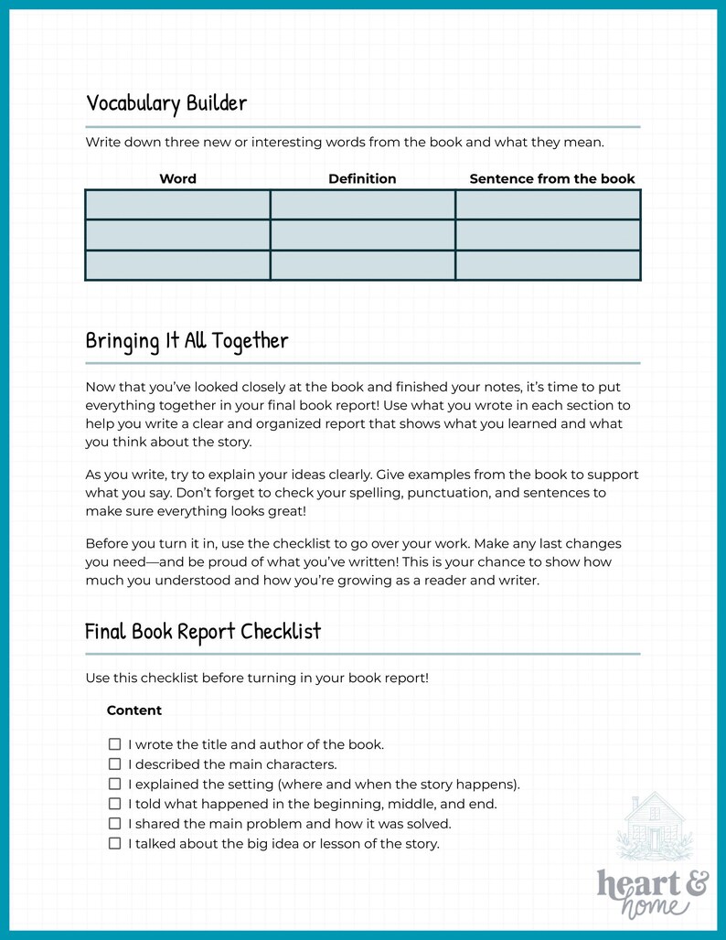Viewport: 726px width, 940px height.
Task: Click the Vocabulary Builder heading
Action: tap(165, 103)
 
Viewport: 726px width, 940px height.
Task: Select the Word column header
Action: tap(177, 179)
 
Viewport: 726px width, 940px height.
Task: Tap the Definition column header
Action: tap(362, 179)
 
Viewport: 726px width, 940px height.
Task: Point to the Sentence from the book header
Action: tap(551, 179)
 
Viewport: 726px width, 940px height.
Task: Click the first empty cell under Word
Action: tap(177, 205)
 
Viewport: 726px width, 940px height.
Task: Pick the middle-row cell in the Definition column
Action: tap(362, 235)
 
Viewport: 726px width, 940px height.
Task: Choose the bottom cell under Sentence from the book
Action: tap(548, 265)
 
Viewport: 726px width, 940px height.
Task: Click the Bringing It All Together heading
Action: tap(187, 341)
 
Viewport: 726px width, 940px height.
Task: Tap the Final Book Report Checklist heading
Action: tap(202, 632)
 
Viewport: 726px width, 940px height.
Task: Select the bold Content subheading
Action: tap(134, 710)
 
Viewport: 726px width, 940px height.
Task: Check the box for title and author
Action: tap(115, 744)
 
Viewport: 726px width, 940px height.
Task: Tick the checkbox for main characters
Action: tap(115, 764)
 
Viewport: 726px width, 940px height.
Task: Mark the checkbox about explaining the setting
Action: tap(115, 785)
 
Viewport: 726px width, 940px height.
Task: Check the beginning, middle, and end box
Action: tap(115, 804)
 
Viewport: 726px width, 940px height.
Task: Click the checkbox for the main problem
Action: tap(115, 824)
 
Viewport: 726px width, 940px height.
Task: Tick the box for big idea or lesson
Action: tap(115, 844)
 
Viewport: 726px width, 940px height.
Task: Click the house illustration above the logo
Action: tap(655, 827)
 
